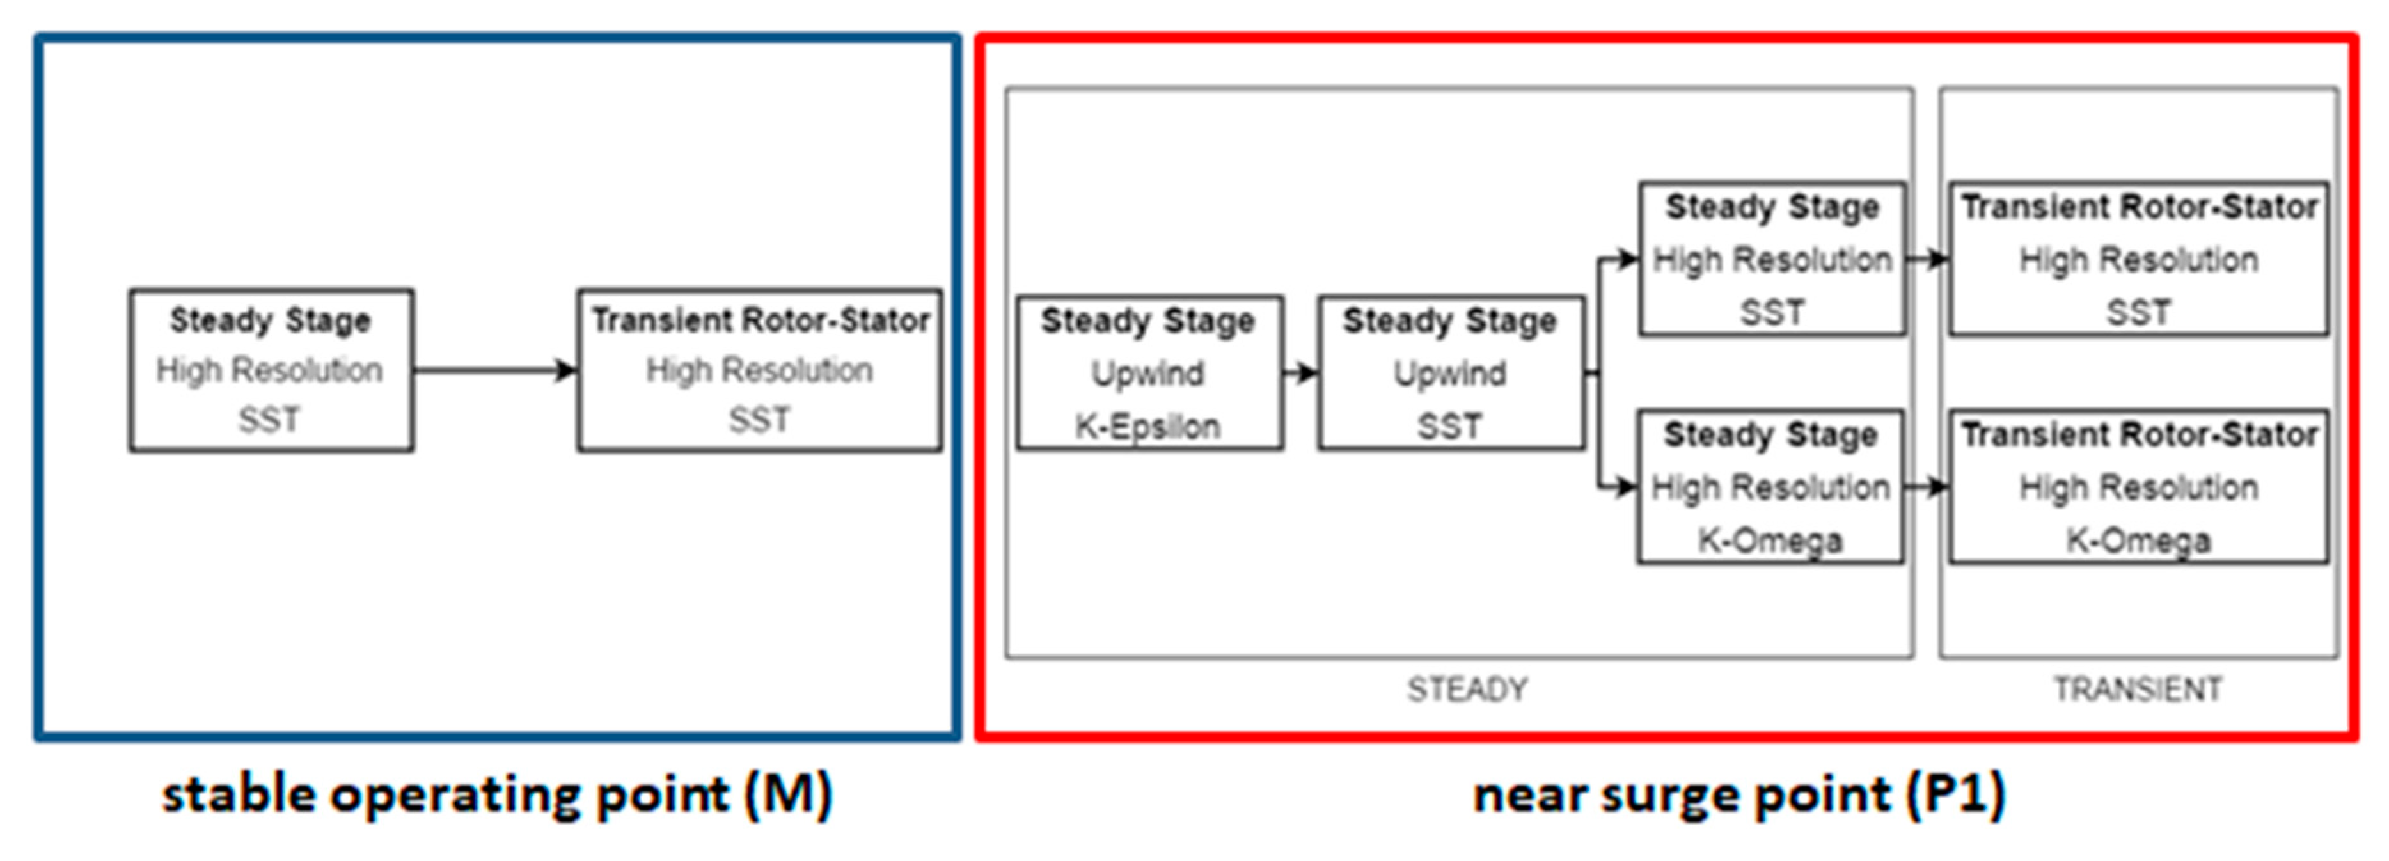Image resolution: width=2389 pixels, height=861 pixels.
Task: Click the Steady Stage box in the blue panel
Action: click(271, 370)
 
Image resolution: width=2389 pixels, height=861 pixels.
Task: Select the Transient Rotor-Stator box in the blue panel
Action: click(759, 370)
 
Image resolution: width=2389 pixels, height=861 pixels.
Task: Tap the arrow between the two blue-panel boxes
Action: click(494, 370)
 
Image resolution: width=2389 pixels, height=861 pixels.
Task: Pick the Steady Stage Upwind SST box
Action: click(1451, 373)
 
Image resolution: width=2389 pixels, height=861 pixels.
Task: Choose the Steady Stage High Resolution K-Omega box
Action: click(1770, 487)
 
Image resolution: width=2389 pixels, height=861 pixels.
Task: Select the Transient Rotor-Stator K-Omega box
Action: click(2139, 487)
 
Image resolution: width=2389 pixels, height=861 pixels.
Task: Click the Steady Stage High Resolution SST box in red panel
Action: click(1772, 259)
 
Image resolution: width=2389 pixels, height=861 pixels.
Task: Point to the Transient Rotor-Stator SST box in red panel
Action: click(2139, 259)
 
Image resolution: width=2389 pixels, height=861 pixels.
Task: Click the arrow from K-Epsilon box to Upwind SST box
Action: click(1300, 373)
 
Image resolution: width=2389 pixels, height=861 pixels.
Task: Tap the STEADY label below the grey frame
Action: click(1467, 690)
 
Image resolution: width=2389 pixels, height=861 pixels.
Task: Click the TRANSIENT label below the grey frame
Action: click(2138, 690)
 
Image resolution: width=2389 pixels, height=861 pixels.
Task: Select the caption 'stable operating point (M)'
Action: click(497, 795)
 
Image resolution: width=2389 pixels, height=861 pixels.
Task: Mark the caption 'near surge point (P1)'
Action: click(1740, 795)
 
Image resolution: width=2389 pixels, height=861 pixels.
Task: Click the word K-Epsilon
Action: click(1147, 427)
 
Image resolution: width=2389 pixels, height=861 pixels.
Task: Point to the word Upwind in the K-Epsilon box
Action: click(1147, 374)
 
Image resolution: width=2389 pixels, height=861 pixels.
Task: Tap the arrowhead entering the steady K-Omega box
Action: click(1627, 486)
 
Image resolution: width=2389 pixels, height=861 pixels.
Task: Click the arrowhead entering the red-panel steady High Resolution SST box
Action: click(1628, 259)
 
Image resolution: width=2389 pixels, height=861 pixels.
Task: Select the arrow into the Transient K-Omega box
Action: click(1927, 486)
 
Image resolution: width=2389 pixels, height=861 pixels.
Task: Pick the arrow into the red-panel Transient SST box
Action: click(1927, 259)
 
